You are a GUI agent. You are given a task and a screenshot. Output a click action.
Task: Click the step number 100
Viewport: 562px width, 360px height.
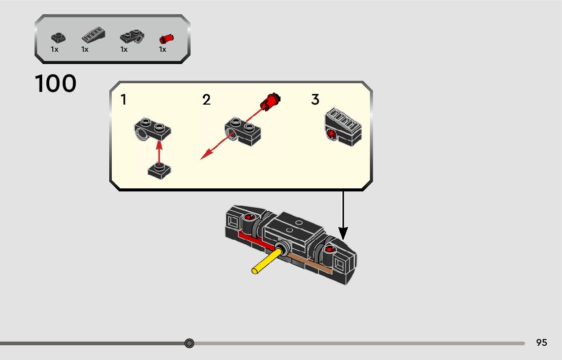click(x=56, y=84)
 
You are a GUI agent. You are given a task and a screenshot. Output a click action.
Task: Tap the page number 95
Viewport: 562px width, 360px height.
click(x=542, y=343)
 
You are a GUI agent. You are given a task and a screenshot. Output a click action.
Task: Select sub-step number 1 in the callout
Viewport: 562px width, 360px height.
click(x=123, y=100)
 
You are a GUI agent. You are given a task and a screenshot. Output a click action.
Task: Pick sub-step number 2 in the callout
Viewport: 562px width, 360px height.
click(x=206, y=100)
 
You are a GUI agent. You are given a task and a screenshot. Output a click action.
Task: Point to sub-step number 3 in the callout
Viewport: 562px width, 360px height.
click(x=315, y=100)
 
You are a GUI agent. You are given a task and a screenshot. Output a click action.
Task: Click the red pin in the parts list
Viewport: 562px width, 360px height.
click(x=165, y=38)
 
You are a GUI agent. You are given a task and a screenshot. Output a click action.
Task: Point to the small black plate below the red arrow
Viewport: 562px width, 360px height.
click(x=160, y=171)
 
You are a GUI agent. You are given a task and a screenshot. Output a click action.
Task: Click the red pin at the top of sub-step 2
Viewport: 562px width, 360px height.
click(x=269, y=101)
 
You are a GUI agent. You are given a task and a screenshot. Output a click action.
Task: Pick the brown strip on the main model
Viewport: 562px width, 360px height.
click(x=315, y=265)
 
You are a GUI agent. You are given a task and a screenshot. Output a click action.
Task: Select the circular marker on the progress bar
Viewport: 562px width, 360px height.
click(x=190, y=343)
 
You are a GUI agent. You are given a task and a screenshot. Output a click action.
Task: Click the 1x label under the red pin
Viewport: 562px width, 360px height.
click(x=163, y=49)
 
